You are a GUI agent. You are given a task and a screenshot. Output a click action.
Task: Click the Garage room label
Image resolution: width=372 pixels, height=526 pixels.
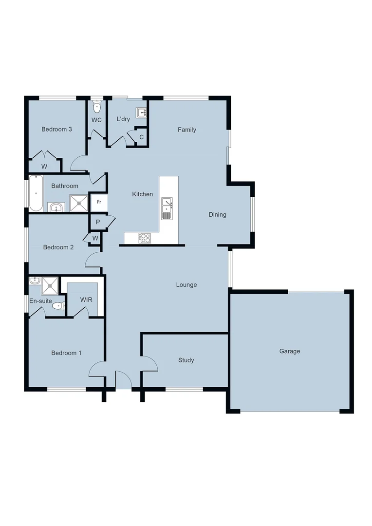pyautogui.click(x=290, y=351)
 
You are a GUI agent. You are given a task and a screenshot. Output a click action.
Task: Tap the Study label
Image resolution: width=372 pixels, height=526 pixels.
pyautogui.click(x=186, y=360)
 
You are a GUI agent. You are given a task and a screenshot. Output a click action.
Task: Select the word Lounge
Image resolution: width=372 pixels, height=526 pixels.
pyautogui.click(x=186, y=284)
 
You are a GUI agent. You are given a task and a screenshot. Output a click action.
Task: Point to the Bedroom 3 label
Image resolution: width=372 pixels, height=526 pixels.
pyautogui.click(x=57, y=129)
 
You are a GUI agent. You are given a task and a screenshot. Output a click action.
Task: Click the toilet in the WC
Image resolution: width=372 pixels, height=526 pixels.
pyautogui.click(x=97, y=107)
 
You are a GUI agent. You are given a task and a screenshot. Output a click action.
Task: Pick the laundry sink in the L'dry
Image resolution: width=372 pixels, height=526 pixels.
pyautogui.click(x=142, y=113)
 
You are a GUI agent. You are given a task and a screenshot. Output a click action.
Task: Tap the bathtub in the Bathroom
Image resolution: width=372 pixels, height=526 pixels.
pyautogui.click(x=36, y=193)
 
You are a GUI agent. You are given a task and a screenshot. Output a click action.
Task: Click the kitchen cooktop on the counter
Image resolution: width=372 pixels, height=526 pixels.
pyautogui.click(x=145, y=238)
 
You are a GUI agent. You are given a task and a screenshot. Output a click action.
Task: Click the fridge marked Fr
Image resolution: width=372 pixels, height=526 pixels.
pyautogui.click(x=99, y=202)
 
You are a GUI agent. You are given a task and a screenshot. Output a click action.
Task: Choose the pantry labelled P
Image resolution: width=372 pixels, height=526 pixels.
pyautogui.click(x=98, y=222)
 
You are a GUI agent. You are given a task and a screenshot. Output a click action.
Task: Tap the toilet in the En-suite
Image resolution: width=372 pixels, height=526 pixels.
pyautogui.click(x=58, y=306)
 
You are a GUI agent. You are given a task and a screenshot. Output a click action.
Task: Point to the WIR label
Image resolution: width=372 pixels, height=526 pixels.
pyautogui.click(x=86, y=300)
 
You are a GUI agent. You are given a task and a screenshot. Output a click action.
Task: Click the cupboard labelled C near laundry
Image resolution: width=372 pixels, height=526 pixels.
pyautogui.click(x=142, y=137)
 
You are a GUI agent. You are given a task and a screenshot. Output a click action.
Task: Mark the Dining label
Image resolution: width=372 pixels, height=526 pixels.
pyautogui.click(x=217, y=214)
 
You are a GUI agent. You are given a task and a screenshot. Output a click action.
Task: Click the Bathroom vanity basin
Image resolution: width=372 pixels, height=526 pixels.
pyautogui.click(x=57, y=207)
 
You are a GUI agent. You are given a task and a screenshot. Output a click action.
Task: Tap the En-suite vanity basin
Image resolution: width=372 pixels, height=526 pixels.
pyautogui.click(x=35, y=281)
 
